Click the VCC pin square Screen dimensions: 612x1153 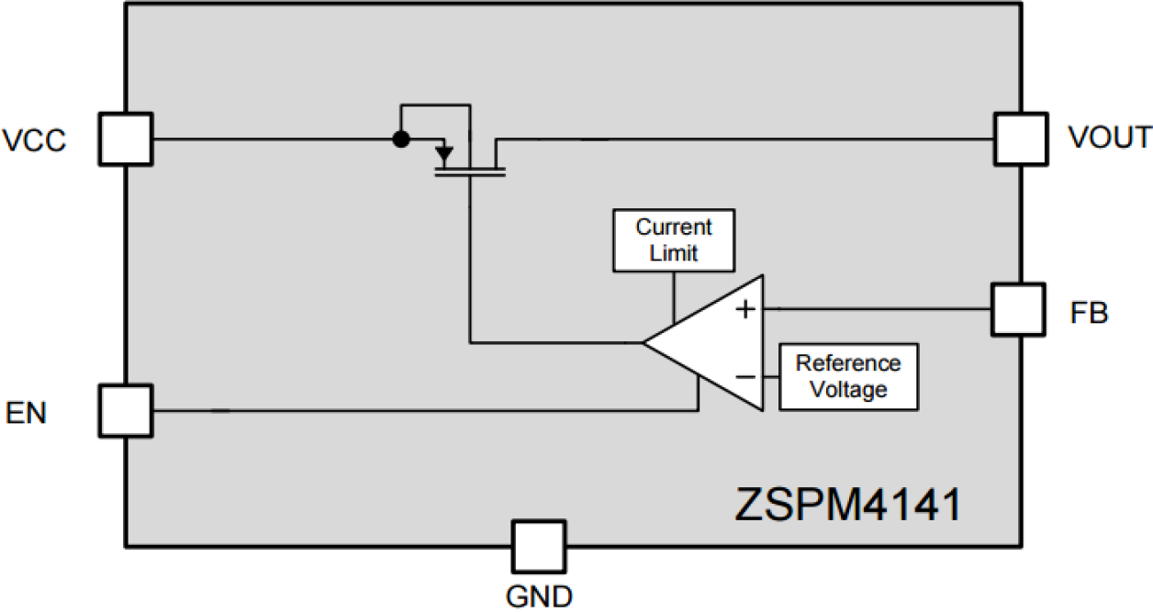pos(126,139)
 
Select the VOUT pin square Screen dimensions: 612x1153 pos(1020,139)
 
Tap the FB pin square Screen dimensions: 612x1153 pos(1018,308)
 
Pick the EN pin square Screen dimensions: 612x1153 pos(126,410)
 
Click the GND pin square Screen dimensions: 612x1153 pos(539,547)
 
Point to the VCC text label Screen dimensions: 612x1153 pos(35,141)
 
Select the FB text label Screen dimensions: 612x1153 pos(1090,314)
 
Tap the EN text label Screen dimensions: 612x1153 pos(27,413)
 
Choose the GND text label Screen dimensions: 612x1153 pos(539,596)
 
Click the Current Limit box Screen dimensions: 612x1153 pos(674,240)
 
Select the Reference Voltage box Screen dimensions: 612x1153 pos(848,376)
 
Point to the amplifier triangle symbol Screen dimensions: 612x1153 pos(711,344)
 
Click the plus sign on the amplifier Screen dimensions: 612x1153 pos(746,309)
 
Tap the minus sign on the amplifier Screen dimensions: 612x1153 pos(746,377)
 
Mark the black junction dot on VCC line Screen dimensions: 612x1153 pos(400,139)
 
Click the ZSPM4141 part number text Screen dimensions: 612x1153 pos(846,506)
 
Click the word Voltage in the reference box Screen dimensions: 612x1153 pos(848,390)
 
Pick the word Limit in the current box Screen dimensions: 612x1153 pos(674,253)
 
